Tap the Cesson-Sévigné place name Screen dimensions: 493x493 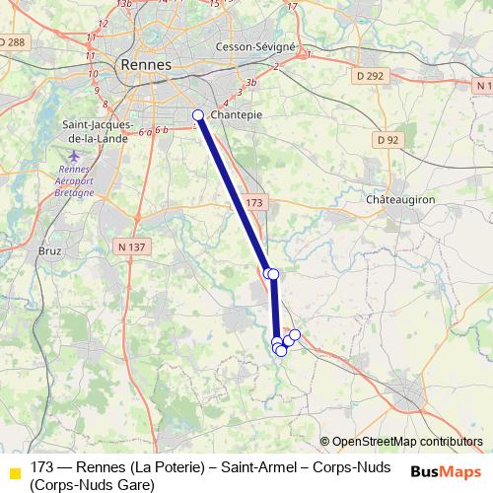255,47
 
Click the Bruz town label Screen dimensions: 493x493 48,251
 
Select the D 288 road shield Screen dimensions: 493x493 13,41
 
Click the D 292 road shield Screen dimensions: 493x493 370,76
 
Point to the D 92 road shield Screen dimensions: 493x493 387,140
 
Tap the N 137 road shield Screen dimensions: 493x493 128,245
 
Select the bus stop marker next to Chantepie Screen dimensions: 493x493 197,115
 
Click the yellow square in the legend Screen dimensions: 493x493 15,474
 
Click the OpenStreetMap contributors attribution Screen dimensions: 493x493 407,442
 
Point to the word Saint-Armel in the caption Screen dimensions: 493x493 259,466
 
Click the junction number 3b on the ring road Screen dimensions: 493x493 252,83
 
